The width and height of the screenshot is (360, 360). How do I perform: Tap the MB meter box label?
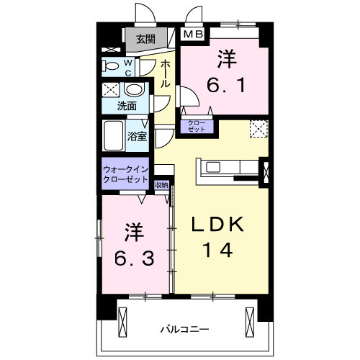192,34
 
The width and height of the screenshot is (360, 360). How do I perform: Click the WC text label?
128,67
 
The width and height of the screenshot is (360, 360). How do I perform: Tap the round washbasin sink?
133,91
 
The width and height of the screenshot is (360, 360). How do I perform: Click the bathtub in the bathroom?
114,134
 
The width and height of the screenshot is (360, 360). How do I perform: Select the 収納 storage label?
161,185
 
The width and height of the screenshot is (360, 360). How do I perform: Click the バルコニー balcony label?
180,330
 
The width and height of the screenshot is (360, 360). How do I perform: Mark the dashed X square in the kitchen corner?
258,129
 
